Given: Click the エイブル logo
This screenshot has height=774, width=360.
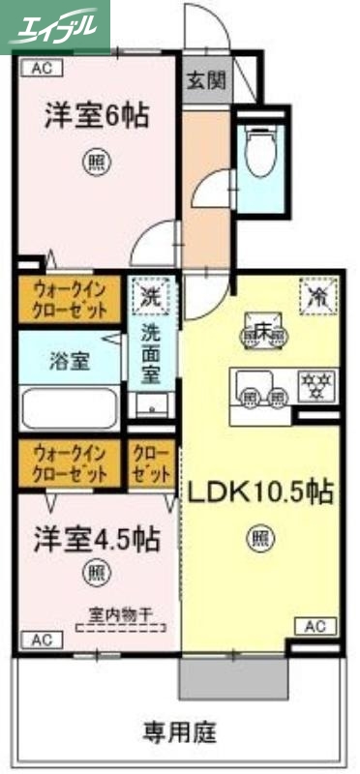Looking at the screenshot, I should click(55, 26).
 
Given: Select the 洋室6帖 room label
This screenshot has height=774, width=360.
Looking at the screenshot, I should click(95, 116).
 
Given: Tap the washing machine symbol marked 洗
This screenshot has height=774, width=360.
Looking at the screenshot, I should click(151, 293).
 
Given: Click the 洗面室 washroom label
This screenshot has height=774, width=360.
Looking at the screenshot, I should click(151, 350).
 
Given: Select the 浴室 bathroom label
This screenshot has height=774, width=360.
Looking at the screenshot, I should click(70, 362).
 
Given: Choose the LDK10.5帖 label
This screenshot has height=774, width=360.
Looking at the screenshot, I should click(259, 492).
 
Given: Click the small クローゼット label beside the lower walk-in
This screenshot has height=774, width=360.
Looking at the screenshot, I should click(151, 462).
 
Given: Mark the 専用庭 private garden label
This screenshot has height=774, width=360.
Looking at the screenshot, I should click(180, 729).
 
